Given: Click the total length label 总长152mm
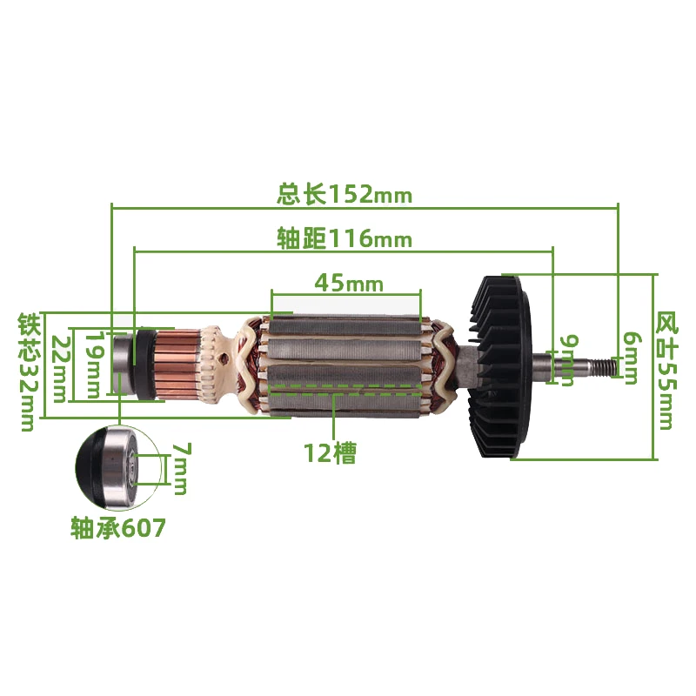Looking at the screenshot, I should (344, 194).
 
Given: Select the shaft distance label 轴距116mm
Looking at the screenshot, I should (344, 238).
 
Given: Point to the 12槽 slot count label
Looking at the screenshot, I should (330, 452).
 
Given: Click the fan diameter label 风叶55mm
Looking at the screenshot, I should (666, 370).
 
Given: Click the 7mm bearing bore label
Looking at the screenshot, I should (180, 469).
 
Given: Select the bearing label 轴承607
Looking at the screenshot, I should (117, 529).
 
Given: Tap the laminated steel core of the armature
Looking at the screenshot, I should (348, 348).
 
